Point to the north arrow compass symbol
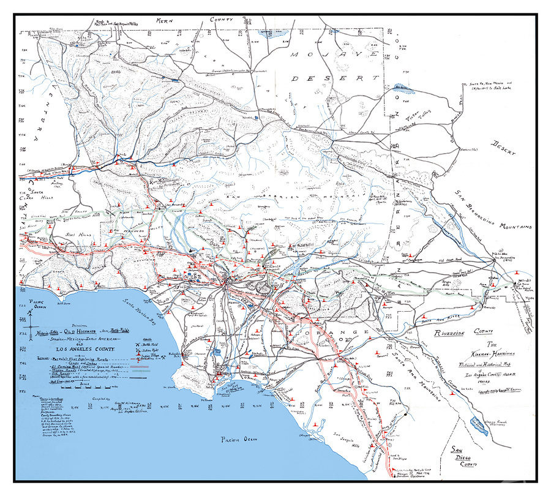coord(30,317)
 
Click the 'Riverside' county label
coord(455,333)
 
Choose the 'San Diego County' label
coord(464,457)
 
